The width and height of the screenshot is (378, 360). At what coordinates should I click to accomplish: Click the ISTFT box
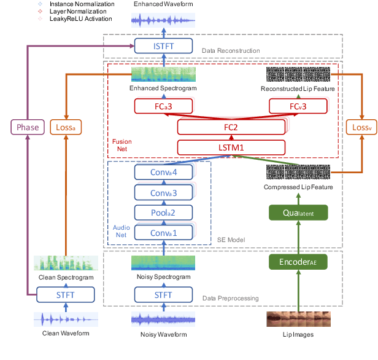click(164, 45)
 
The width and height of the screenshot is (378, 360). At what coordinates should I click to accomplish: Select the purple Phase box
click(28, 128)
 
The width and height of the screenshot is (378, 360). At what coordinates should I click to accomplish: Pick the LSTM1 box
click(231, 147)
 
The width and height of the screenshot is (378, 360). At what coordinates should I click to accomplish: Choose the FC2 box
click(231, 127)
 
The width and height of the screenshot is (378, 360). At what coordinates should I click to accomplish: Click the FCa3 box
click(164, 106)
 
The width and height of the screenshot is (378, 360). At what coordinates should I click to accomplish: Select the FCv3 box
click(298, 106)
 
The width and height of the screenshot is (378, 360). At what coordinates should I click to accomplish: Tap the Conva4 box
click(164, 173)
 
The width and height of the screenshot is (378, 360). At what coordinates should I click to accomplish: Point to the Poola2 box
click(164, 213)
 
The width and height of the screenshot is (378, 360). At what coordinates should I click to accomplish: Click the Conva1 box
click(164, 233)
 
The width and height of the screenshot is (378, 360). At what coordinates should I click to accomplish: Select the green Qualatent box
click(298, 213)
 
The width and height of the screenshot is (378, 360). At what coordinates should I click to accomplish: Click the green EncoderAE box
click(298, 262)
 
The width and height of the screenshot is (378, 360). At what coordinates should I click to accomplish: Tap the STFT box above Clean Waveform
click(66, 295)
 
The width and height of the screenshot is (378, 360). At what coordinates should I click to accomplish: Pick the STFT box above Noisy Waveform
click(164, 295)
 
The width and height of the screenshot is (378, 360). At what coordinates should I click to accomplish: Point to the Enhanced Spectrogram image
click(164, 75)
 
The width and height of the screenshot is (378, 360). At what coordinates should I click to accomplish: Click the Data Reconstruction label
click(230, 50)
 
